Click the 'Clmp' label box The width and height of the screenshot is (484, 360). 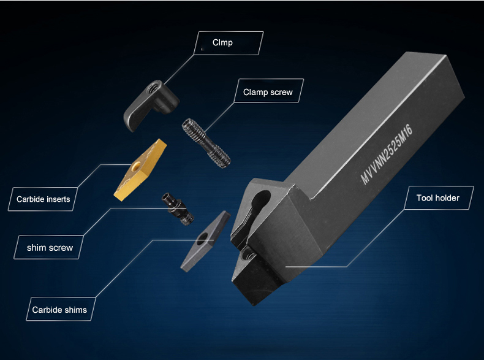(229, 43)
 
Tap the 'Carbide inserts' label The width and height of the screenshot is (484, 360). (43, 199)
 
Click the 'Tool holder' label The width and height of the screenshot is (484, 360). (439, 197)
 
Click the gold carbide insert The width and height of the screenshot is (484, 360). (140, 170)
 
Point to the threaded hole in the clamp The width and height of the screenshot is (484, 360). (154, 88)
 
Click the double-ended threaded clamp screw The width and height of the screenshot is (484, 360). (206, 143)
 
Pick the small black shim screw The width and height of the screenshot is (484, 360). (178, 209)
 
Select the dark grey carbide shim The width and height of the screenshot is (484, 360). (205, 241)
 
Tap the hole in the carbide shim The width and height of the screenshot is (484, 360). (202, 238)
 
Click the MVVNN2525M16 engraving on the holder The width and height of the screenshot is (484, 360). (386, 154)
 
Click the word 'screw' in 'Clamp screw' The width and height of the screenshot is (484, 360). (281, 92)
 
